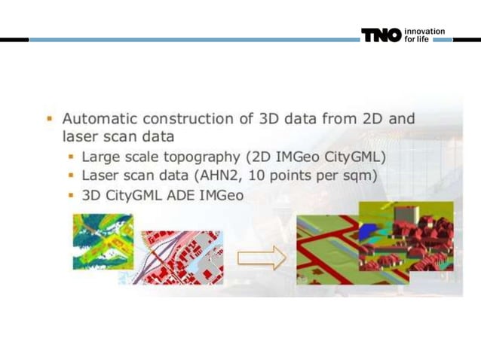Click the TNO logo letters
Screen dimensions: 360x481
click(x=381, y=35)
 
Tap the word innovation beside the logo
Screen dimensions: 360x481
click(x=424, y=31)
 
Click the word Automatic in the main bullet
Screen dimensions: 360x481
click(x=98, y=119)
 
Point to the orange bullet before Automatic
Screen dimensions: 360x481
click(x=49, y=119)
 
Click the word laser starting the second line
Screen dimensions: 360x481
click(x=78, y=138)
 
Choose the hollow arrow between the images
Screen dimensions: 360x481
click(x=261, y=258)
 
